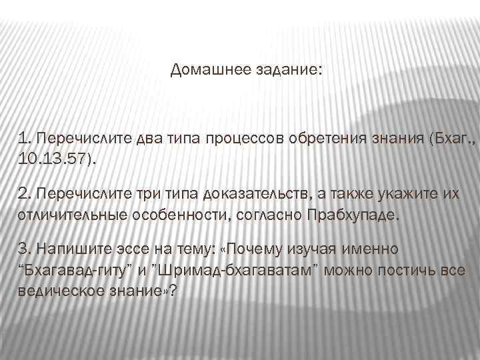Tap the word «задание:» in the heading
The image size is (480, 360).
(x=288, y=69)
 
